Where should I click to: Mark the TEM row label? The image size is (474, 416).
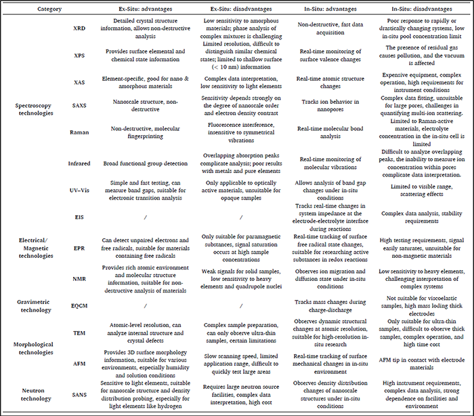(x=79, y=333)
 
